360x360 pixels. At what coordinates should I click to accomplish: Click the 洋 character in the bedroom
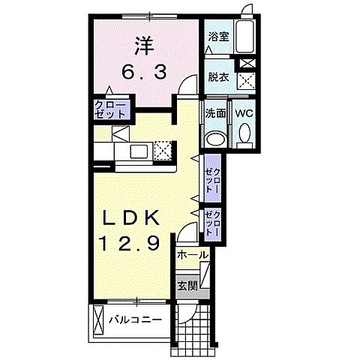(x=145, y=46)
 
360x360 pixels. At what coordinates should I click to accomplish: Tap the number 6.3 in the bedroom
(x=144, y=73)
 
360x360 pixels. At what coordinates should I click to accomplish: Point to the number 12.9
(x=129, y=244)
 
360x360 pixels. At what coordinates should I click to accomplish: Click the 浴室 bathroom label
(x=218, y=37)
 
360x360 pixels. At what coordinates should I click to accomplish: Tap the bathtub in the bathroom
(x=245, y=37)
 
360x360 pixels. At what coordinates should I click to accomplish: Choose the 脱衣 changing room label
(x=218, y=77)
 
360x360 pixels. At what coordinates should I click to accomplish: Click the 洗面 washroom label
(x=215, y=114)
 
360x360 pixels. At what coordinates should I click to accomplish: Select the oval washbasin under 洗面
(x=215, y=139)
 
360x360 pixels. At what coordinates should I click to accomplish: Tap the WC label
(x=244, y=114)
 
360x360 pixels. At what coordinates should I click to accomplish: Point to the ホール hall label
(x=193, y=256)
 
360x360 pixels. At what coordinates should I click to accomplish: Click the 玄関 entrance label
(x=187, y=286)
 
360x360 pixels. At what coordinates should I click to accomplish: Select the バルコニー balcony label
(x=135, y=319)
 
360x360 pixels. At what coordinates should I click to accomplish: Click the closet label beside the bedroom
(x=109, y=109)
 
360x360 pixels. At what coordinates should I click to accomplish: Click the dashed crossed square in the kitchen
(x=163, y=150)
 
